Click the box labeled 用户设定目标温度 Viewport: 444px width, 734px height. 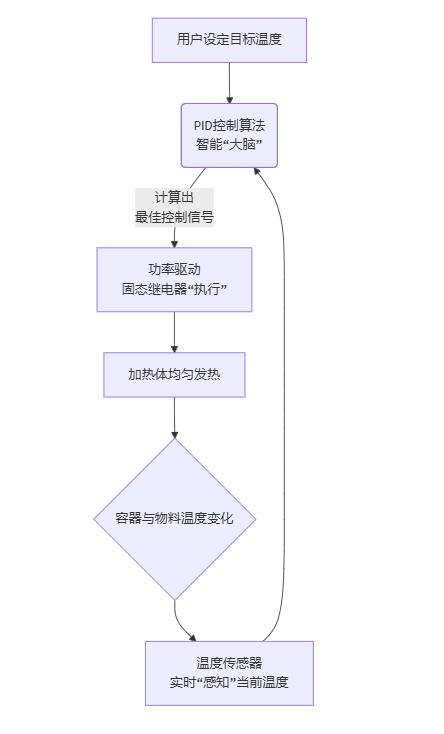[x=229, y=40]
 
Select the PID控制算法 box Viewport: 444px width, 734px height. [x=229, y=135]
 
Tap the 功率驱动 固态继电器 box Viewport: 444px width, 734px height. [x=174, y=279]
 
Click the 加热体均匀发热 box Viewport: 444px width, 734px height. [x=174, y=374]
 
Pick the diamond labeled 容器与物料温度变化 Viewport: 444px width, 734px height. [x=174, y=519]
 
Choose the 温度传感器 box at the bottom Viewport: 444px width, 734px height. [x=229, y=673]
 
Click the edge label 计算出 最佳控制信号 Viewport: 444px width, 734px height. [x=175, y=207]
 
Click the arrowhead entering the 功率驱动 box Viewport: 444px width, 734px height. [x=174, y=242]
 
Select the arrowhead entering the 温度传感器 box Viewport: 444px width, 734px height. [x=191, y=636]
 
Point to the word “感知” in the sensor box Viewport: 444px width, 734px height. [x=219, y=682]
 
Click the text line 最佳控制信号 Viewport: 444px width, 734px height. [x=175, y=216]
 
